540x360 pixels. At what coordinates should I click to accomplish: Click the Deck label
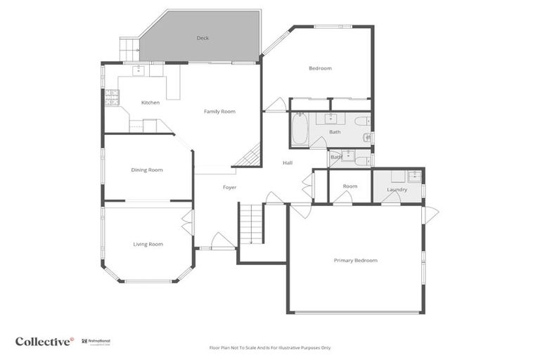coord(202,38)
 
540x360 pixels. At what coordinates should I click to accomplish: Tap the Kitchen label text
coord(150,103)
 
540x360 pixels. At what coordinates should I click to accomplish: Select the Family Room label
coord(219,111)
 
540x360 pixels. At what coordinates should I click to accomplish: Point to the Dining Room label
coord(147,169)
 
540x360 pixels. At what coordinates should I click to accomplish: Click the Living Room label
coord(148,244)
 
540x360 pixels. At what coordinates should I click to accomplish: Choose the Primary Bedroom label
coord(355,260)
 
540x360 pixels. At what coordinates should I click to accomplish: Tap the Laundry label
coord(397,189)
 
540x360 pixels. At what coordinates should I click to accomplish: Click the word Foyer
coord(229,188)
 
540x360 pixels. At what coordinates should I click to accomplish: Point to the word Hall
coord(288,162)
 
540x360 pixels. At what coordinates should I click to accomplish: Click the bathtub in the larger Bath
coord(300,129)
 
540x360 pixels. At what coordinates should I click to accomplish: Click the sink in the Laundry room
coord(413,176)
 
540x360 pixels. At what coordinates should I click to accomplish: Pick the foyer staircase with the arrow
coord(250,223)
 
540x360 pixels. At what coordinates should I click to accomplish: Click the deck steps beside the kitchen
coord(129,49)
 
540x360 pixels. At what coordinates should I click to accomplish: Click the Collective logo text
coord(44,342)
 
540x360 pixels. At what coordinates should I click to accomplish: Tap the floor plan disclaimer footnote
coord(270,347)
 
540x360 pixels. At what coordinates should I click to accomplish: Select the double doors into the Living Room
coord(188,223)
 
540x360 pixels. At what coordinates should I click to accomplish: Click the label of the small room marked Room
coord(350,186)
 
